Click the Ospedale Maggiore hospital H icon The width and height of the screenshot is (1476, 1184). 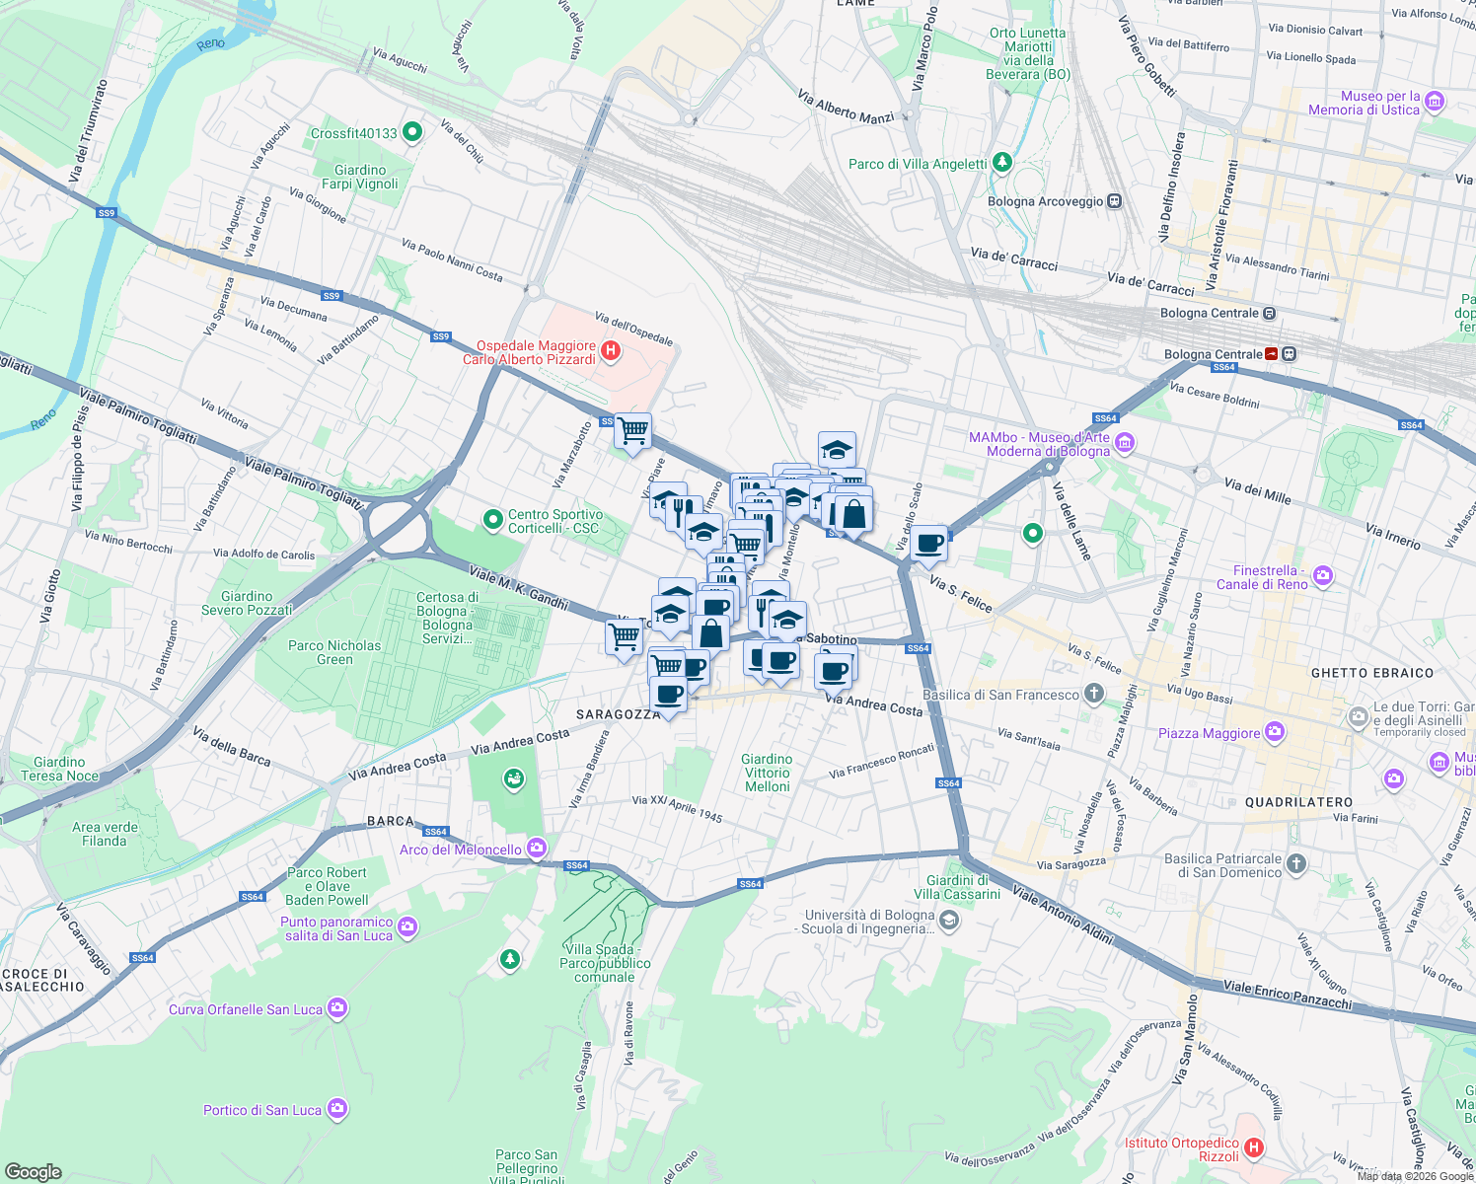coord(611,350)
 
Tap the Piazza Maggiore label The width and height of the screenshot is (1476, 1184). coord(1209,733)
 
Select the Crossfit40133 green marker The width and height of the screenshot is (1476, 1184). coord(412,132)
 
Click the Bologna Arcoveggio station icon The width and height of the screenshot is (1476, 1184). coord(1115,201)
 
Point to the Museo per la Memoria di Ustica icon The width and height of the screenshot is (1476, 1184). coord(1435,101)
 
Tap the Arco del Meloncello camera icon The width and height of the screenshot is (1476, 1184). coord(536,848)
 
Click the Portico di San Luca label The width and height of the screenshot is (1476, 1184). coord(262,1110)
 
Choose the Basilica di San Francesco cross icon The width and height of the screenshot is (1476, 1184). coord(1093,694)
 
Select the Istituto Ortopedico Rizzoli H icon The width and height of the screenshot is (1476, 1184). coord(1254,1147)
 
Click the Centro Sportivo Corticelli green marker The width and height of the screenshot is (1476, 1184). coord(492,518)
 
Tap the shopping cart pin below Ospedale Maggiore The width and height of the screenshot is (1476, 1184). coord(632,430)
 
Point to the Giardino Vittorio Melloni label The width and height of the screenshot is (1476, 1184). coord(767,773)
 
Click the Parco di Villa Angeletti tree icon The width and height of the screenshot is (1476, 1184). coord(1002,162)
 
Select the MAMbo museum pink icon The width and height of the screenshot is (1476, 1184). coord(1125,443)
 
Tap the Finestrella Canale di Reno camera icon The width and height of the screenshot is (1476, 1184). coord(1323,575)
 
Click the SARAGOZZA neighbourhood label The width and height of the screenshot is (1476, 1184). coord(619,714)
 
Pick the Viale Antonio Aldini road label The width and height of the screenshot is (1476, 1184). coord(1064,915)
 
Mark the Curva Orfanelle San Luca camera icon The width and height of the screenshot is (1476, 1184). coord(337,1008)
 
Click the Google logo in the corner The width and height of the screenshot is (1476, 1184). coord(33,1171)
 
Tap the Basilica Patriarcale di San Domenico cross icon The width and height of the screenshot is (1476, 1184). coord(1296,864)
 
